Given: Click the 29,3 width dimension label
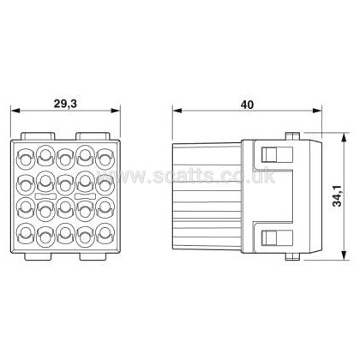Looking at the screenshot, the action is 65,104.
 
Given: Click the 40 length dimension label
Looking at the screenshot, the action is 247,105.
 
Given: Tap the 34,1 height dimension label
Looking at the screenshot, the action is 338,195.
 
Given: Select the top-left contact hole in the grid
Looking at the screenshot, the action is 26,159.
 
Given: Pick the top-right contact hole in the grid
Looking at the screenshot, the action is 105,159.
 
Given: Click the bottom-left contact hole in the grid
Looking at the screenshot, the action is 26,233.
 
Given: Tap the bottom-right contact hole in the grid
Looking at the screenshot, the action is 105,233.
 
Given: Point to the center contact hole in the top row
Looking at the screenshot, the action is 65,159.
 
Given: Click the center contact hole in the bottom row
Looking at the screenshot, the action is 65,233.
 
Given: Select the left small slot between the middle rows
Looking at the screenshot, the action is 45,196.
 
